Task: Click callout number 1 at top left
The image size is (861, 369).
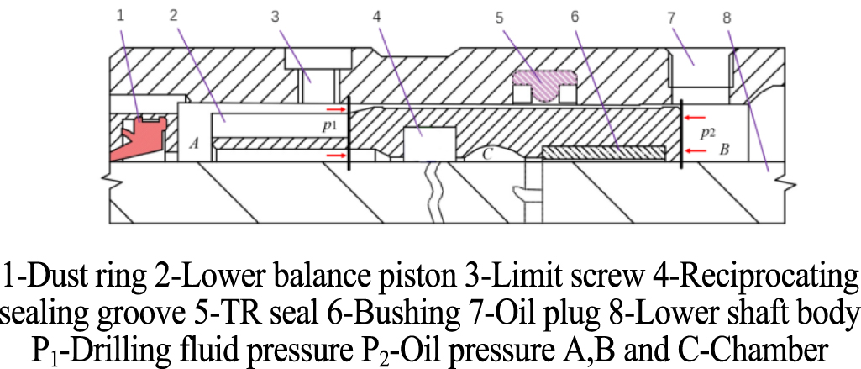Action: tap(122, 14)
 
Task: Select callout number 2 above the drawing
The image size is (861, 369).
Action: tap(173, 14)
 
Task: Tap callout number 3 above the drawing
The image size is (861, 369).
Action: tap(275, 14)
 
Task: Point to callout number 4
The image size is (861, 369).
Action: tap(376, 14)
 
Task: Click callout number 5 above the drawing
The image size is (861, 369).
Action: tap(501, 14)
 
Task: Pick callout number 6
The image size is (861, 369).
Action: tap(576, 14)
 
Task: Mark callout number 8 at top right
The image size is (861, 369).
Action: tap(727, 14)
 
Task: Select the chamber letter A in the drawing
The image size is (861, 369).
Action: tap(194, 144)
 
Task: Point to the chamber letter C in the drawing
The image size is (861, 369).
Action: tap(486, 154)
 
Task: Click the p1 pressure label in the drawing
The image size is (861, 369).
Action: tap(330, 126)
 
